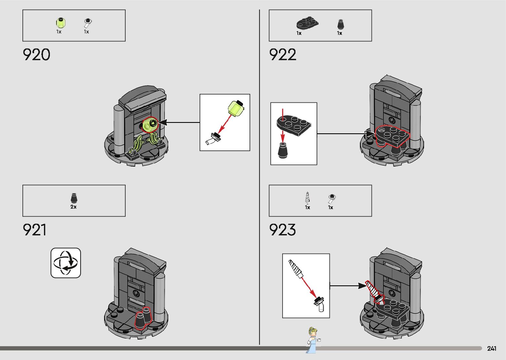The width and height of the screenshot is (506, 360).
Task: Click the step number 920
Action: point(36,55)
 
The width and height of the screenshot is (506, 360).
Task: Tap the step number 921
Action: point(34,230)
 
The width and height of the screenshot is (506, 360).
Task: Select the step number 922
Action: point(283,55)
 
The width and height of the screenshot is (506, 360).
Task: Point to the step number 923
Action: point(282,230)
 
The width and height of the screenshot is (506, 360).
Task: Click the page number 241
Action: point(491,348)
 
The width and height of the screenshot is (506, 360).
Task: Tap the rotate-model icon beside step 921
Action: point(66,263)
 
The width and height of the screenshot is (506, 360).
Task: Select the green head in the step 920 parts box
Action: point(60,23)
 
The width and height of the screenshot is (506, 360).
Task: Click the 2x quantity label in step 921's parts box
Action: point(73,207)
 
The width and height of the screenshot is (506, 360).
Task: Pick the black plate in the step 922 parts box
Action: point(307,23)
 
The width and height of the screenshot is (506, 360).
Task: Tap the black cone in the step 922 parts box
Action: point(340,24)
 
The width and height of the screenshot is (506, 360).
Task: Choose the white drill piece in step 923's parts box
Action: point(308,198)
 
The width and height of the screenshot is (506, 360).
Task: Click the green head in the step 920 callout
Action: point(236,108)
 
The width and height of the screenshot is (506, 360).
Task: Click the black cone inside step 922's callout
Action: point(282,150)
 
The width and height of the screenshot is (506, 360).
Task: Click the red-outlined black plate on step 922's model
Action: point(393,136)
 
